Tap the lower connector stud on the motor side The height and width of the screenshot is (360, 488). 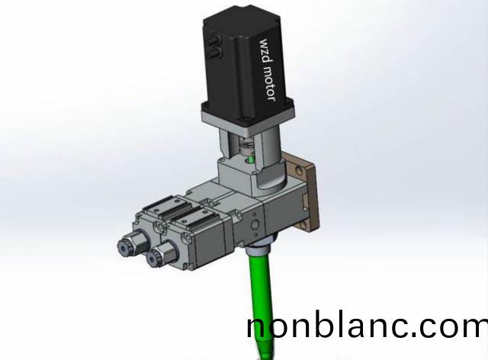click(x=215, y=53)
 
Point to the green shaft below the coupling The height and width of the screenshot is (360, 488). click(x=250, y=160)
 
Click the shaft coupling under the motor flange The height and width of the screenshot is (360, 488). click(x=246, y=146)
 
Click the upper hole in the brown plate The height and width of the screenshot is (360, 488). click(x=299, y=170)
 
